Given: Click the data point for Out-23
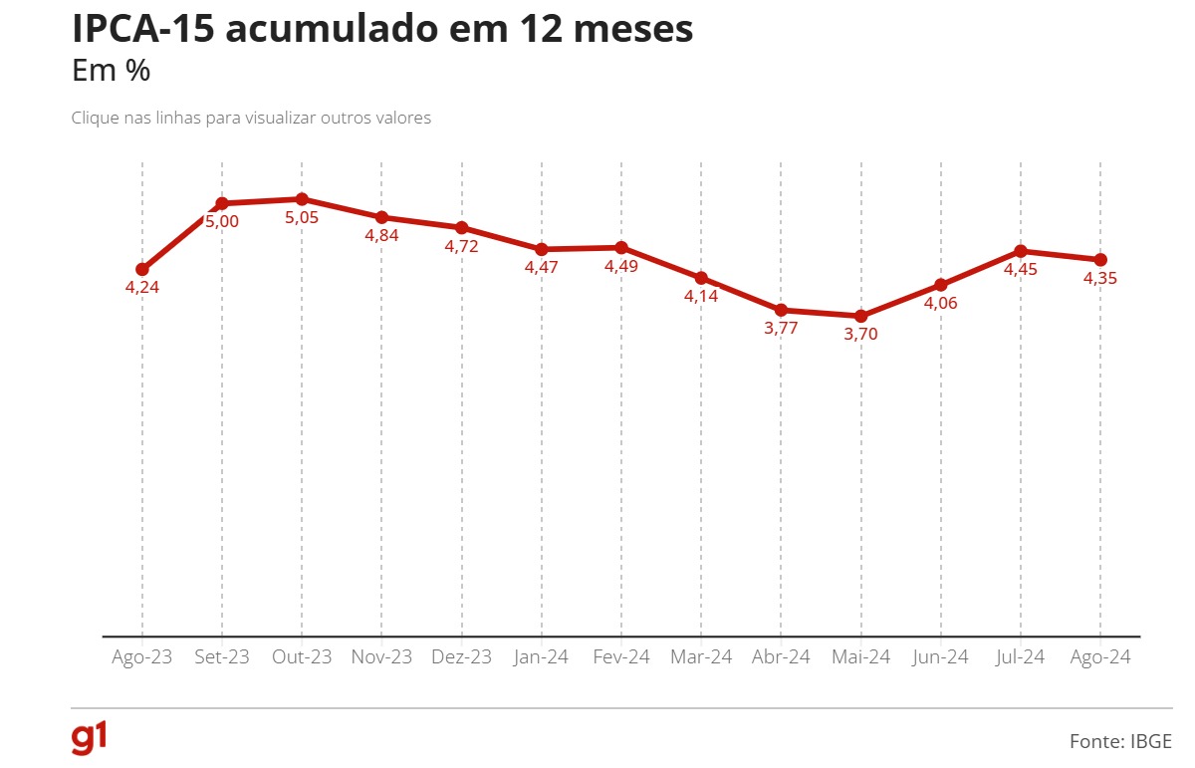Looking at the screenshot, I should click(302, 199).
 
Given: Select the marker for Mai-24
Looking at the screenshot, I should click(861, 316).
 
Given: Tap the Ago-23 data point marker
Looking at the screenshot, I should click(142, 269).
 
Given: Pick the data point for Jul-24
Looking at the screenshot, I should click(1021, 251).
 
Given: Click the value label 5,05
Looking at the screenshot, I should click(302, 217).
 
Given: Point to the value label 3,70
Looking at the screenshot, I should click(861, 335).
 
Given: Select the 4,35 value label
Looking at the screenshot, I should click(1100, 279).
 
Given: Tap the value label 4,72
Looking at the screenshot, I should click(461, 246).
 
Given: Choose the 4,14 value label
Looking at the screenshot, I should click(701, 297).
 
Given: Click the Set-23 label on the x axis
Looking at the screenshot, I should click(222, 657).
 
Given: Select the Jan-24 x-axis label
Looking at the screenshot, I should click(542, 657).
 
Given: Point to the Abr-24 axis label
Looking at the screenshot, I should click(781, 657).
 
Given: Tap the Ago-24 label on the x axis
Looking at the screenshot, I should click(1100, 657).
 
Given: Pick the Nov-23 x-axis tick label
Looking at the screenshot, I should click(381, 657).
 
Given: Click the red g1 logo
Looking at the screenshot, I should click(89, 738).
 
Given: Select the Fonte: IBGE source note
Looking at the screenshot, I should click(1120, 741).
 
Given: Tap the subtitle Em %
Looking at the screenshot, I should click(111, 72).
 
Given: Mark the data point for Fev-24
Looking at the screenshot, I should click(621, 247).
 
